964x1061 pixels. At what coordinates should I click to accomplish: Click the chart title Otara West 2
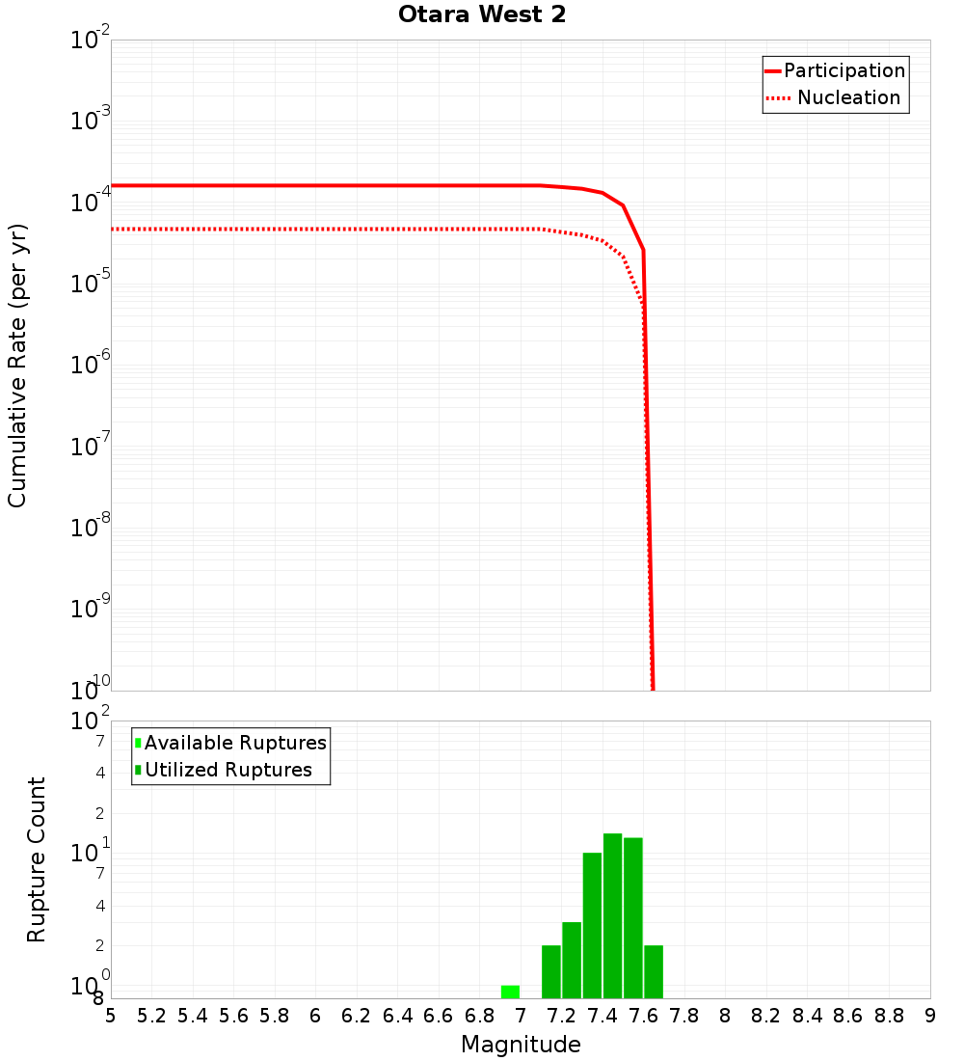[481, 15]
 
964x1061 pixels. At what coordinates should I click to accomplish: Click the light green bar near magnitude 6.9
[510, 992]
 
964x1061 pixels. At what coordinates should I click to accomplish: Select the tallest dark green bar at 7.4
[612, 915]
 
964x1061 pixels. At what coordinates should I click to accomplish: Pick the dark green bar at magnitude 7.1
[551, 971]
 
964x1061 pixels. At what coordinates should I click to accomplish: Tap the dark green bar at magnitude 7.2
[572, 960]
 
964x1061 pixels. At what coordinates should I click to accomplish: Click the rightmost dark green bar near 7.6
[654, 971]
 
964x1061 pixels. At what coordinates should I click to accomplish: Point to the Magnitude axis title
[521, 1045]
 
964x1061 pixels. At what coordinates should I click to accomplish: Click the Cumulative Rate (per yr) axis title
[17, 365]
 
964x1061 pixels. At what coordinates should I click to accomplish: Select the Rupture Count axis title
[37, 859]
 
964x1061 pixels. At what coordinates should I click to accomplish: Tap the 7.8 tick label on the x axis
[684, 1016]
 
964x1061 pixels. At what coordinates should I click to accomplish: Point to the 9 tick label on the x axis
[930, 1016]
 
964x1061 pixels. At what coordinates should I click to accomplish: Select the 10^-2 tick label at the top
[93, 41]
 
